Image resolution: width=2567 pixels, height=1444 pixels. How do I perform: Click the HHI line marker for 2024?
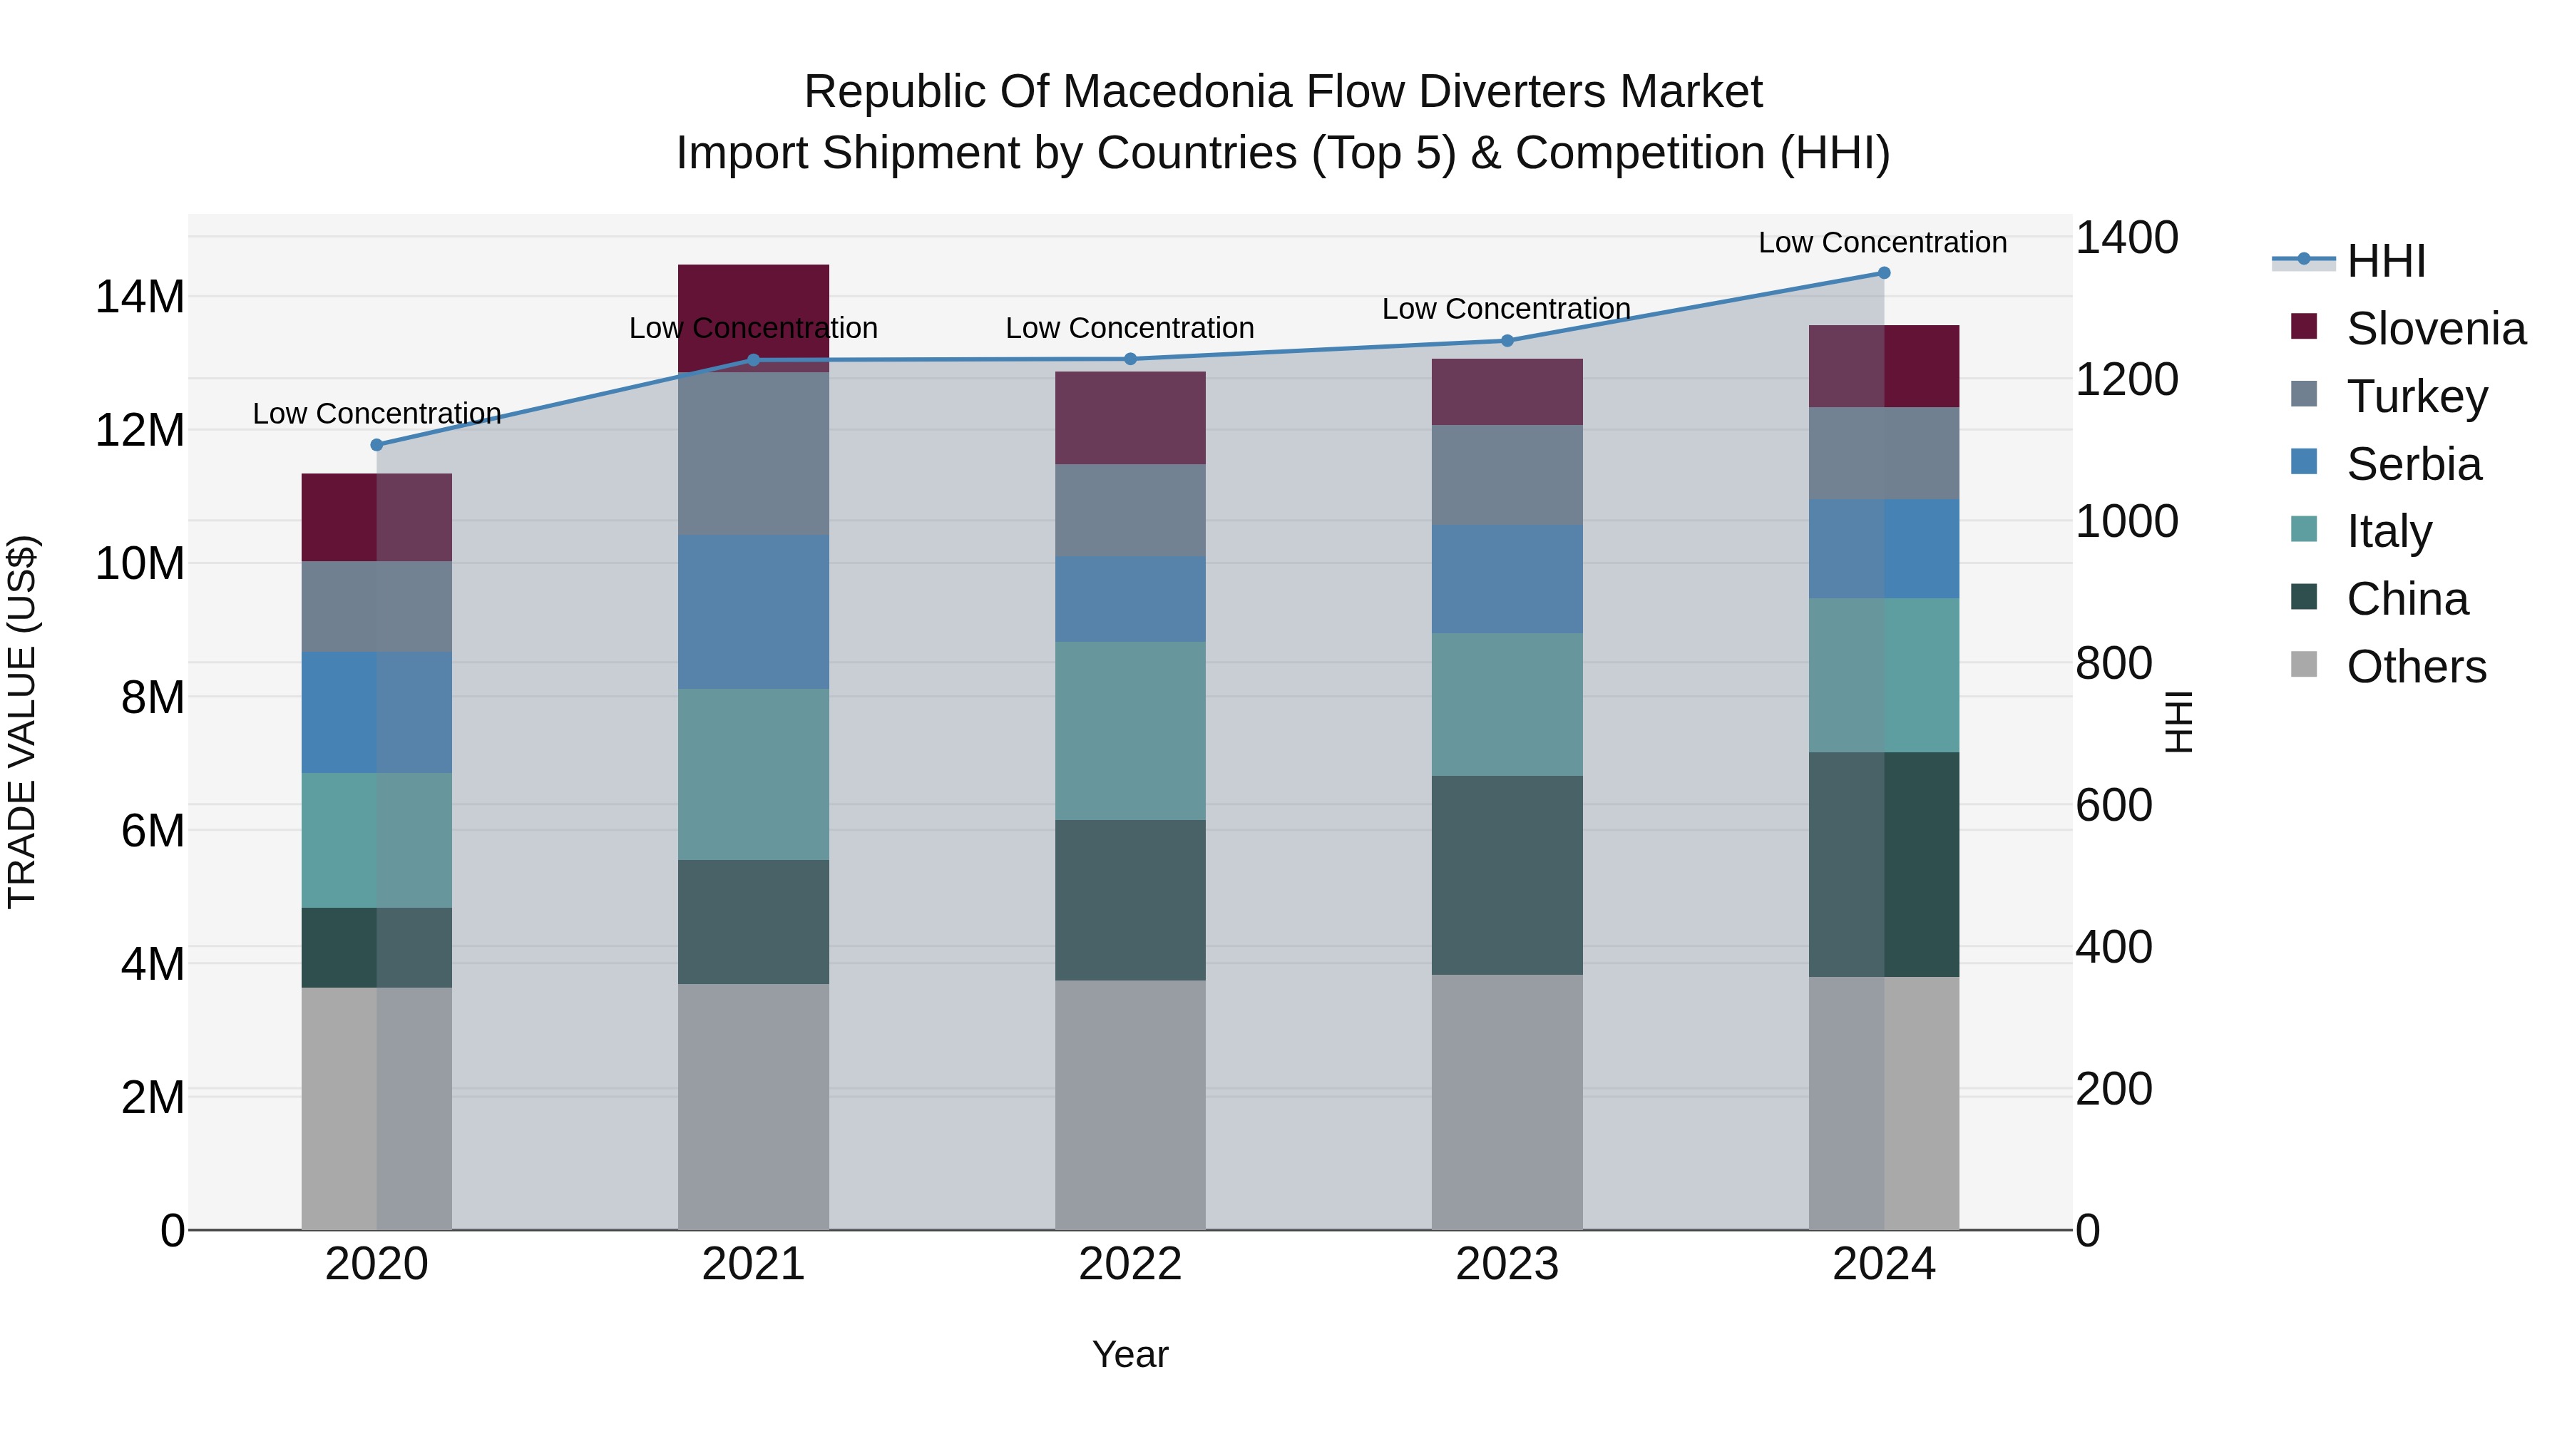(x=1883, y=273)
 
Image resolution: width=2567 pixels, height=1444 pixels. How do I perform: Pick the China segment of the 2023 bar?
(x=1507, y=875)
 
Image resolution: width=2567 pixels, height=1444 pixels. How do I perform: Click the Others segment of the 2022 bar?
(x=1130, y=1104)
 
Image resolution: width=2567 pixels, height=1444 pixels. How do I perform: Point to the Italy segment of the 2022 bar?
(x=1130, y=730)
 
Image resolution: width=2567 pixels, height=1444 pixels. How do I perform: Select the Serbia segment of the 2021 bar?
(x=754, y=612)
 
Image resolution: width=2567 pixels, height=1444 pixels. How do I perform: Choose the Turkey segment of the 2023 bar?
(x=1507, y=476)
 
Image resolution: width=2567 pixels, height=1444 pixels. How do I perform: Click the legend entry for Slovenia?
(x=2434, y=329)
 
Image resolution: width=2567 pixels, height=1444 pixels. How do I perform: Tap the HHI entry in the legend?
(x=2386, y=261)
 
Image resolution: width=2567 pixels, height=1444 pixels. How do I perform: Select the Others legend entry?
(x=2416, y=667)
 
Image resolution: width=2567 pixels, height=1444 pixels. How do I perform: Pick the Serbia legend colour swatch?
(x=2304, y=462)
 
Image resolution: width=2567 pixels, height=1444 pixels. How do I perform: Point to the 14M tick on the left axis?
(x=140, y=297)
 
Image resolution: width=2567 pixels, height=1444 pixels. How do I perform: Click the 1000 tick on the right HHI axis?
(x=2126, y=522)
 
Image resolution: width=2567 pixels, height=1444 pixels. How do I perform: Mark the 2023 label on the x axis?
(x=1507, y=1264)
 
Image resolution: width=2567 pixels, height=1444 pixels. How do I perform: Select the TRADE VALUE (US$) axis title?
(x=22, y=722)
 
